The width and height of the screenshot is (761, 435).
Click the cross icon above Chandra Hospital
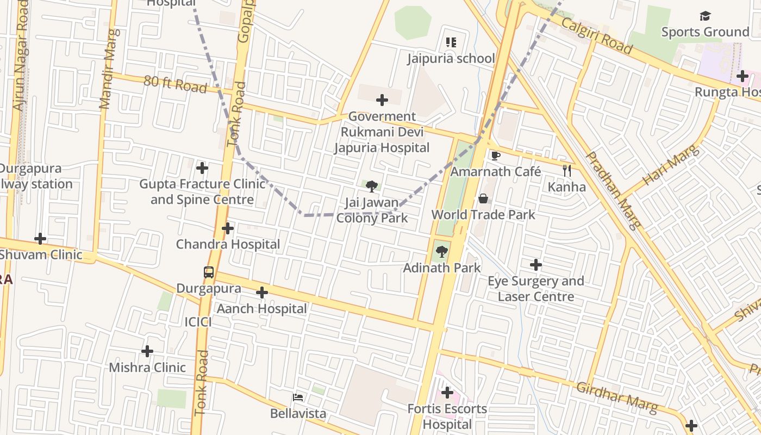228,229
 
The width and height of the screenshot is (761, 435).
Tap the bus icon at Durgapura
209,272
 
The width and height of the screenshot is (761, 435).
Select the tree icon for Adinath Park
442,252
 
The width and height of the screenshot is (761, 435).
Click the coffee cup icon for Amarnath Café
495,156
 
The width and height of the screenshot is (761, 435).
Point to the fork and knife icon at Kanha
566,171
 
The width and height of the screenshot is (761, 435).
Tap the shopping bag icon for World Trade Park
483,199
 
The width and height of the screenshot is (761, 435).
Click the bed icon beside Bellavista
298,397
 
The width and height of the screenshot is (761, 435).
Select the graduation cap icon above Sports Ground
705,16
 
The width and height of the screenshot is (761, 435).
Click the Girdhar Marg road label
616,396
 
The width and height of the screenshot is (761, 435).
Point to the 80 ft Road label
175,84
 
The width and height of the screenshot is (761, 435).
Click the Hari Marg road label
669,165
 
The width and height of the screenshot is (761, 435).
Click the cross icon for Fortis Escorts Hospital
447,392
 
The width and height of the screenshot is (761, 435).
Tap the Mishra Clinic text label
147,368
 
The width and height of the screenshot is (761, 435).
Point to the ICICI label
198,322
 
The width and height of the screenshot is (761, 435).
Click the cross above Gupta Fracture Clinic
202,168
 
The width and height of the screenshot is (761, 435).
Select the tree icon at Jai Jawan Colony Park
372,187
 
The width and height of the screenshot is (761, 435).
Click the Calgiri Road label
596,36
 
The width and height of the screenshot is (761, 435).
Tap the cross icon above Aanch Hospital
262,293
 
